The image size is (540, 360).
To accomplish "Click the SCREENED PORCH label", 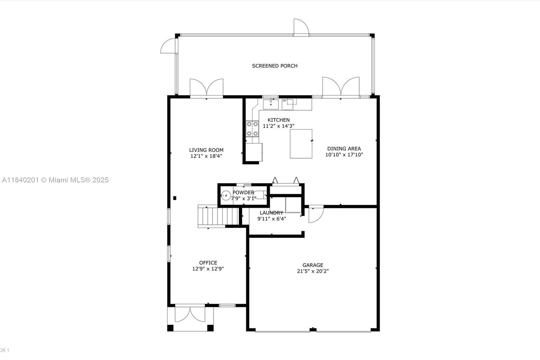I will (275, 66).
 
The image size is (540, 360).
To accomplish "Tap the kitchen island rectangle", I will (301, 144).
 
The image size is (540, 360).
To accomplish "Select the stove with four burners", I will (252, 129).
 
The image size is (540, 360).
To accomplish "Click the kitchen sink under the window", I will (271, 104).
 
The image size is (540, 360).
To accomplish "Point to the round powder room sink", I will (226, 195).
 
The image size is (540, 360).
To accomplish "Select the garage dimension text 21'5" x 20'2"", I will (313, 271).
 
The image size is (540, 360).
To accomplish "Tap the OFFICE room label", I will (208, 262).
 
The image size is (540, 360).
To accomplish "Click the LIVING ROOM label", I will (206, 150).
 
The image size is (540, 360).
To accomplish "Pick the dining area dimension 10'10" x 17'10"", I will (344, 155).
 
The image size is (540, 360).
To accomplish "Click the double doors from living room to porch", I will (207, 88).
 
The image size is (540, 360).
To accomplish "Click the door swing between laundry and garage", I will (316, 214).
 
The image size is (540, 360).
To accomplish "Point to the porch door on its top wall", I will (301, 27).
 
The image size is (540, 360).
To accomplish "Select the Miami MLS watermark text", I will (55, 180).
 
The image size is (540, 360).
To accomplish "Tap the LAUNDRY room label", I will (271, 213).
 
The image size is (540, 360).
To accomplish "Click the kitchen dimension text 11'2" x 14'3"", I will (278, 126).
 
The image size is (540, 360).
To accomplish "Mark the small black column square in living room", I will (174, 198).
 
